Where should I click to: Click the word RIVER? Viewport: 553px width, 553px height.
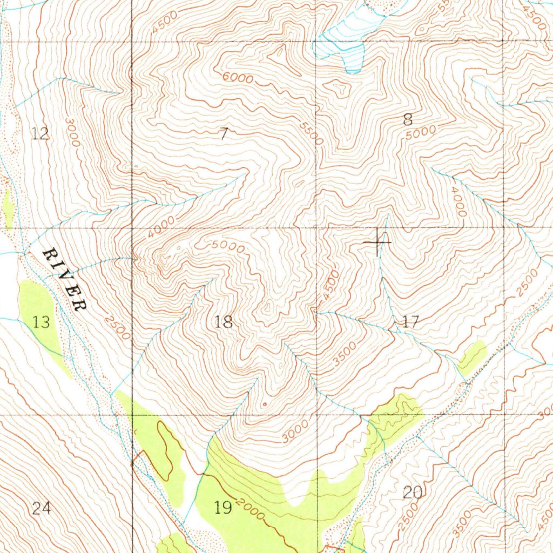[65, 280]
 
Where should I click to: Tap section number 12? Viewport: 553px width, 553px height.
[41, 133]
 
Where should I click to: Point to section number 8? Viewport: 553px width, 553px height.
[408, 120]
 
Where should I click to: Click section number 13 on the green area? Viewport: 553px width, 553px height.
[41, 323]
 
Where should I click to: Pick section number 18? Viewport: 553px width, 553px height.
[224, 322]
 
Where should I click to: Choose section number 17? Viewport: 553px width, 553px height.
[410, 322]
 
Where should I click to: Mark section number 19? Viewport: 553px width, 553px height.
[222, 507]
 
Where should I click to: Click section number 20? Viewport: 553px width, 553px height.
[413, 492]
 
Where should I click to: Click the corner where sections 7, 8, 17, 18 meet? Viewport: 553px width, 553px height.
[317, 228]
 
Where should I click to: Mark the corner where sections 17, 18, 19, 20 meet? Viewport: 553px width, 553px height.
[317, 415]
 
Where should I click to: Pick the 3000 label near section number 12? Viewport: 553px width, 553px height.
[71, 133]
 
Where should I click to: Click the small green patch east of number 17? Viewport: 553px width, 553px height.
[473, 358]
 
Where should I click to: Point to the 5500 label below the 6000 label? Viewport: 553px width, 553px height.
[312, 133]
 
